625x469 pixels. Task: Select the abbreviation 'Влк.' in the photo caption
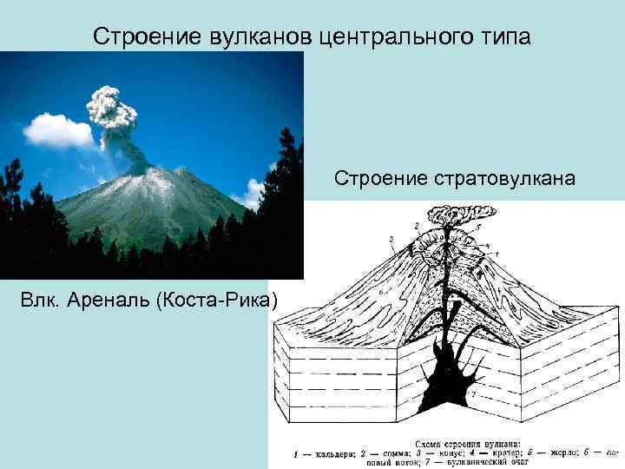pos(41,301)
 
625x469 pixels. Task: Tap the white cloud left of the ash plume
pos(57,131)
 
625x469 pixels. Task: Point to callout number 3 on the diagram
pos(391,238)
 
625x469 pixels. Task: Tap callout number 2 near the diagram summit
pos(418,226)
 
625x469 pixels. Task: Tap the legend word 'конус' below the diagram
pos(443,452)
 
